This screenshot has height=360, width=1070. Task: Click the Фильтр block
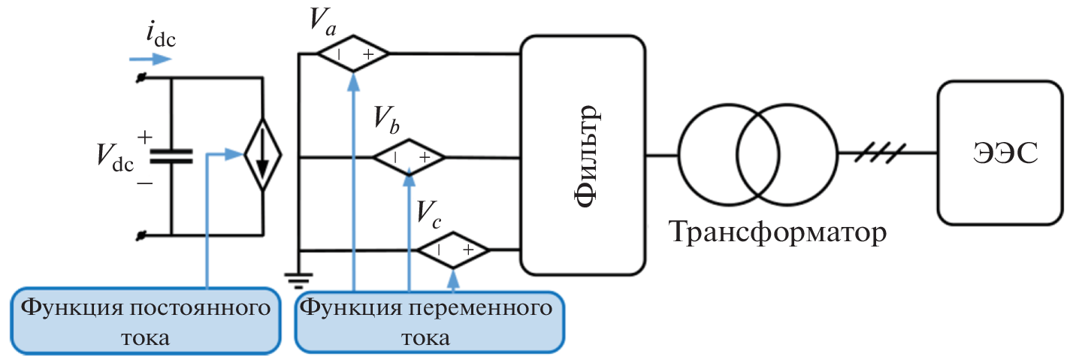tap(582, 156)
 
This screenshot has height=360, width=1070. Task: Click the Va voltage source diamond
tap(353, 54)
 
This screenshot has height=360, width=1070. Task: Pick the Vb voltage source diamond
tap(410, 157)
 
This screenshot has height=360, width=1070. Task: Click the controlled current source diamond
tap(261, 156)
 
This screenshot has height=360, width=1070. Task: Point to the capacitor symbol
tap(171, 156)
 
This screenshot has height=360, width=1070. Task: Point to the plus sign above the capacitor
tap(145, 137)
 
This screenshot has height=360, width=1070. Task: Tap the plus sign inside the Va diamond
tap(369, 55)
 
